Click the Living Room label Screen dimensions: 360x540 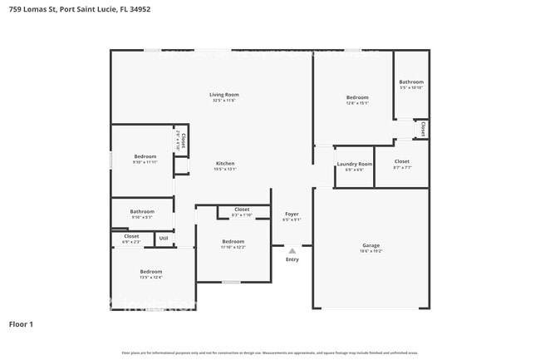click(224, 95)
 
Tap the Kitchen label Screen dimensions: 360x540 click(225, 163)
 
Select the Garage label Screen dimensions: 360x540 click(371, 245)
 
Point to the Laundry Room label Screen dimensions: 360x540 click(354, 163)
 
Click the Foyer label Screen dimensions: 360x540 click(292, 214)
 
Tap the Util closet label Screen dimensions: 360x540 click(164, 239)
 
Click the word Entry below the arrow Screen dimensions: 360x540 click(292, 259)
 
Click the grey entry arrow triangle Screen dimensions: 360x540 click(292, 249)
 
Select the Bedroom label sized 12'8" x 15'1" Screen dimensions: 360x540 click(357, 97)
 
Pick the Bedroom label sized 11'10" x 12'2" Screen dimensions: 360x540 click(233, 241)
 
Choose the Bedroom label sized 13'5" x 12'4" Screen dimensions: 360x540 click(151, 271)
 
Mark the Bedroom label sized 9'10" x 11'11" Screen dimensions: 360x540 click(145, 156)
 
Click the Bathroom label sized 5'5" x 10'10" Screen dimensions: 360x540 click(411, 81)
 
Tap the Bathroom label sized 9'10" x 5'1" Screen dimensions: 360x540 click(142, 211)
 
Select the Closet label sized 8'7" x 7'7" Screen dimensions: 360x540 click(402, 161)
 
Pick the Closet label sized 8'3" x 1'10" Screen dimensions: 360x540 click(242, 210)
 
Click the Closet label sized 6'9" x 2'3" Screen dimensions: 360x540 click(131, 236)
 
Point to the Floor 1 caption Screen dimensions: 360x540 click(21, 323)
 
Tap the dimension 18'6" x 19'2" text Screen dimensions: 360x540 click(371, 251)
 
